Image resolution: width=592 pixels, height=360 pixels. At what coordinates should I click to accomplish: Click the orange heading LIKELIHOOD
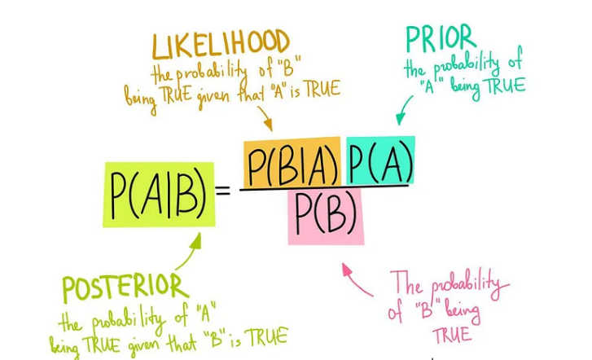(220, 45)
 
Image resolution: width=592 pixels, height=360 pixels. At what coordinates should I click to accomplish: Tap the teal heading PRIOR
(441, 38)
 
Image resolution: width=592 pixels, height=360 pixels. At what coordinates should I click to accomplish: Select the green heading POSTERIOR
(125, 288)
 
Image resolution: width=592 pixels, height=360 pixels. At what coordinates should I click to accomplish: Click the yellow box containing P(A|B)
(159, 195)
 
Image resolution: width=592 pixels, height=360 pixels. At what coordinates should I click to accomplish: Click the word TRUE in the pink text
(451, 335)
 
